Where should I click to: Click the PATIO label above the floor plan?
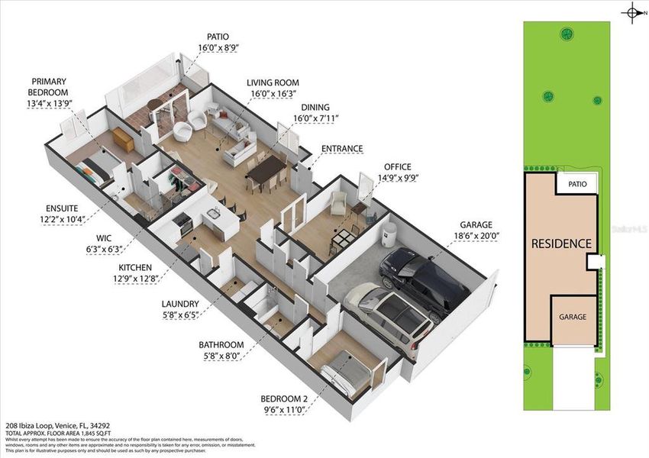tap(218, 36)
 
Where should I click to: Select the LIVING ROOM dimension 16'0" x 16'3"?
tap(272, 94)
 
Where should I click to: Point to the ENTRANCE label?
tap(341, 148)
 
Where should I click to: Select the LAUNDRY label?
tap(181, 303)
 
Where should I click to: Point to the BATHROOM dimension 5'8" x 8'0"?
tap(221, 356)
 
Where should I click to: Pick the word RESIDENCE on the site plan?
tap(561, 244)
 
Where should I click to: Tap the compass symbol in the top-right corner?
tap(633, 12)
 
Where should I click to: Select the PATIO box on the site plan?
tap(576, 184)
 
